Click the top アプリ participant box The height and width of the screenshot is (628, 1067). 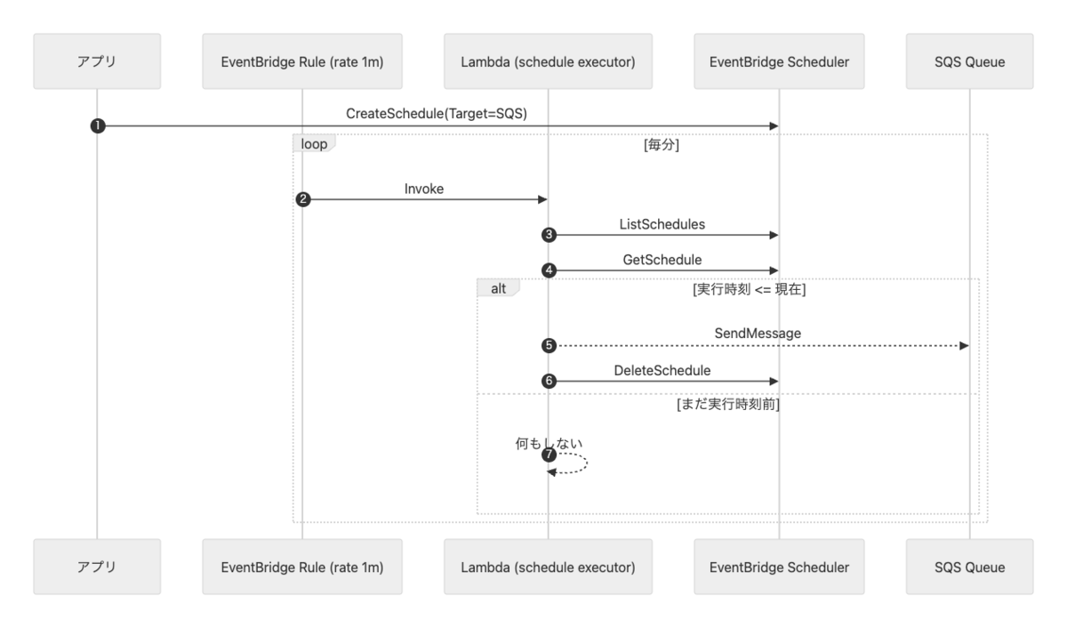click(97, 61)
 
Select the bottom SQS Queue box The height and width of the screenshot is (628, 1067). click(969, 567)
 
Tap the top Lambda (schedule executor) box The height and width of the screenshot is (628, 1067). click(548, 61)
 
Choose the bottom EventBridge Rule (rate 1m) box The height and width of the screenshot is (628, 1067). click(302, 567)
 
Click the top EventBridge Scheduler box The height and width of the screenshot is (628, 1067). click(779, 61)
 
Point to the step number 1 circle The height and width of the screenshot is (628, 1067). click(98, 125)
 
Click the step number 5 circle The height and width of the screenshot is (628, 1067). click(549, 345)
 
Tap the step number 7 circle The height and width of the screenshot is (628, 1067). click(549, 455)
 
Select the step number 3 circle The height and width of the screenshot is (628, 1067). click(549, 235)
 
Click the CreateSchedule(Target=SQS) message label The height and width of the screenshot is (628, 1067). click(437, 114)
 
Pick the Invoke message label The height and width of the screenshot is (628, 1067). click(424, 189)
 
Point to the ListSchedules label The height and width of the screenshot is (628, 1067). click(662, 224)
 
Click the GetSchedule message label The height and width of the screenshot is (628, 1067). click(662, 260)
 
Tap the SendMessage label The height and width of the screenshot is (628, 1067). click(758, 333)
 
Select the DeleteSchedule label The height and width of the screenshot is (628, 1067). click(662, 370)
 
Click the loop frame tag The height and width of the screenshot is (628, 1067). click(314, 143)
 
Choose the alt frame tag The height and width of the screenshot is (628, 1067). click(498, 288)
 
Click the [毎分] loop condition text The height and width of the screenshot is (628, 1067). click(662, 144)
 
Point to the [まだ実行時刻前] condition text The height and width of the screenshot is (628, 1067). click(728, 404)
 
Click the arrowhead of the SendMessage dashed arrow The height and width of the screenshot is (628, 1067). click(964, 345)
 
